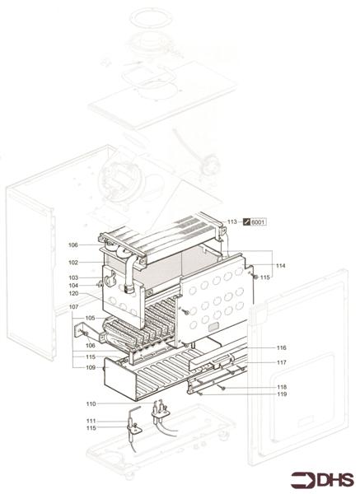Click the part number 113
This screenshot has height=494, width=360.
pyautogui.click(x=232, y=221)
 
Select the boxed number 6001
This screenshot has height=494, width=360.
pyautogui.click(x=258, y=222)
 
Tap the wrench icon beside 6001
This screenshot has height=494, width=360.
pyautogui.click(x=245, y=222)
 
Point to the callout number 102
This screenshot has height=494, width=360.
pyautogui.click(x=73, y=263)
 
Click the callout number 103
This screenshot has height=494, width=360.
pyautogui.click(x=73, y=277)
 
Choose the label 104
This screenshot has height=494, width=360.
pyautogui.click(x=73, y=286)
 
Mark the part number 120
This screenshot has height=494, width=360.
pyautogui.click(x=73, y=294)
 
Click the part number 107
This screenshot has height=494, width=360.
pyautogui.click(x=73, y=307)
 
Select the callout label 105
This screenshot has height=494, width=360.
pyautogui.click(x=90, y=318)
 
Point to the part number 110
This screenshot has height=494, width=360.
pyautogui.click(x=91, y=403)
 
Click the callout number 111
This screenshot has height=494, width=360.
pyautogui.click(x=91, y=421)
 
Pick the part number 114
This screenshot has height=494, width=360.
pyautogui.click(x=281, y=265)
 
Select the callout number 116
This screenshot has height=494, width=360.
pyautogui.click(x=281, y=348)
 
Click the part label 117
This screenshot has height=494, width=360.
pyautogui.click(x=281, y=362)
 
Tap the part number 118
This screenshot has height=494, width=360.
pyautogui.click(x=281, y=386)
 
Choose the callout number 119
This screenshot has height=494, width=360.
pyautogui.click(x=281, y=394)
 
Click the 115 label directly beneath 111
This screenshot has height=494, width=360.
pyautogui.click(x=91, y=428)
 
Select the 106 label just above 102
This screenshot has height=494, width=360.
pyautogui.click(x=73, y=245)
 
